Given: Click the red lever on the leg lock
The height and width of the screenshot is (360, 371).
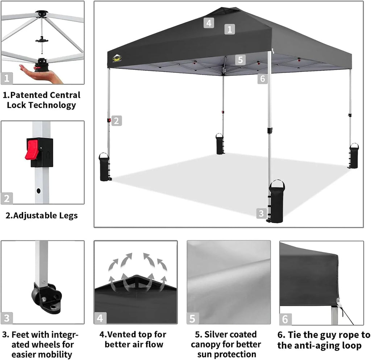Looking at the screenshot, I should pyautogui.click(x=32, y=149).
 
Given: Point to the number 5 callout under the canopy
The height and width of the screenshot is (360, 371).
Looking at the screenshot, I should pyautogui.click(x=240, y=60).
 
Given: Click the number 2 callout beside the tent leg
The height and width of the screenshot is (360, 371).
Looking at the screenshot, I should pyautogui.click(x=116, y=121).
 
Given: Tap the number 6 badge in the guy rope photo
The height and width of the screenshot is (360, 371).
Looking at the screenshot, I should pyautogui.click(x=285, y=319).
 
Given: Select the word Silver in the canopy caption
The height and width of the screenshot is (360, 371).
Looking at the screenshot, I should pyautogui.click(x=223, y=334).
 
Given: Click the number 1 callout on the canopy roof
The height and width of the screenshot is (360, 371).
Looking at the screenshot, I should pyautogui.click(x=230, y=29).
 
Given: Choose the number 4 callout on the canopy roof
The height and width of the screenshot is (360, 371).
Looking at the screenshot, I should pyautogui.click(x=209, y=23).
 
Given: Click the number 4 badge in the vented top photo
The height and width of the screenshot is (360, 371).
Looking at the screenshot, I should pyautogui.click(x=100, y=318).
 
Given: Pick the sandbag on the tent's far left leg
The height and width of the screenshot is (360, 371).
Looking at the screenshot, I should pyautogui.click(x=104, y=167).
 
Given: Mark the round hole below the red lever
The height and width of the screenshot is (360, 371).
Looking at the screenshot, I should pyautogui.click(x=38, y=190).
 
